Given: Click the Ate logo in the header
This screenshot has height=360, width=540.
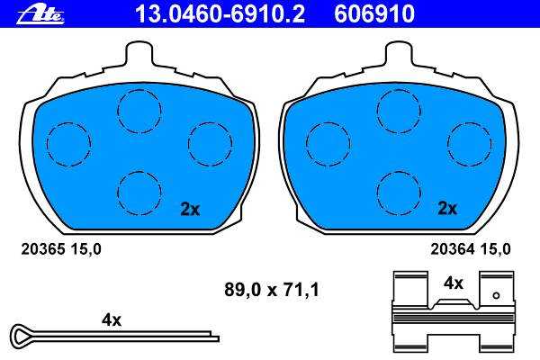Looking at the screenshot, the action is (40, 15).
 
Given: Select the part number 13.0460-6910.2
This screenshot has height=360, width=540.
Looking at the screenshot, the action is (220, 13).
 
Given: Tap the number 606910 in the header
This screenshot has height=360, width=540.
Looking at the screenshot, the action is (374, 13).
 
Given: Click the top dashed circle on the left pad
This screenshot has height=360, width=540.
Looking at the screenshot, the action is (139, 112).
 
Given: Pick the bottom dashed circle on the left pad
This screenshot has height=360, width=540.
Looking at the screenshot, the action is (139, 193).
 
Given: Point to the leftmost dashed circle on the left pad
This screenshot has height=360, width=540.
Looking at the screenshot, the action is (69, 144).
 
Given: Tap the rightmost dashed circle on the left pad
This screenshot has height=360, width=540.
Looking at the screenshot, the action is (210, 144).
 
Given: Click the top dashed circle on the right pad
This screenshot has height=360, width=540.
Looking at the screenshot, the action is (399, 112).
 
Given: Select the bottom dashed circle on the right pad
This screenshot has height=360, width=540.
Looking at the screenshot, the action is (399, 193).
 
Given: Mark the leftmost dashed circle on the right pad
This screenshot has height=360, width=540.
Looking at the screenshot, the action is (328, 144).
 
